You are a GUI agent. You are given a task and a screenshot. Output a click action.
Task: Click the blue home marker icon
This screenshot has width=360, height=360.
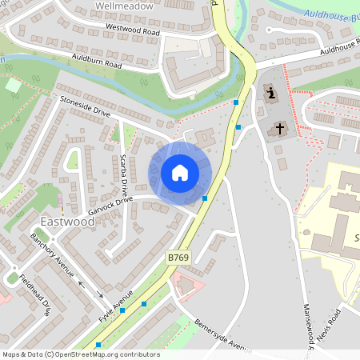(x=180, y=173)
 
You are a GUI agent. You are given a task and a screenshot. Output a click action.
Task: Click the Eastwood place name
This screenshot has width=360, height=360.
(x=68, y=221)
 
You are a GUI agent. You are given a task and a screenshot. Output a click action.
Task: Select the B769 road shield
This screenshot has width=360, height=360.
(x=178, y=256)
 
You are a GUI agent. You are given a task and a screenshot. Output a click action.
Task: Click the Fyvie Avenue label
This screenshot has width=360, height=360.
(x=117, y=302)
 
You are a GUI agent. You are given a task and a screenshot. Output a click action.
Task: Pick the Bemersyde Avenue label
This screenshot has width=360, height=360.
(x=223, y=335)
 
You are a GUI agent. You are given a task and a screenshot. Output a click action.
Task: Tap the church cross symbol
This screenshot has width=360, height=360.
(x=280, y=128)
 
